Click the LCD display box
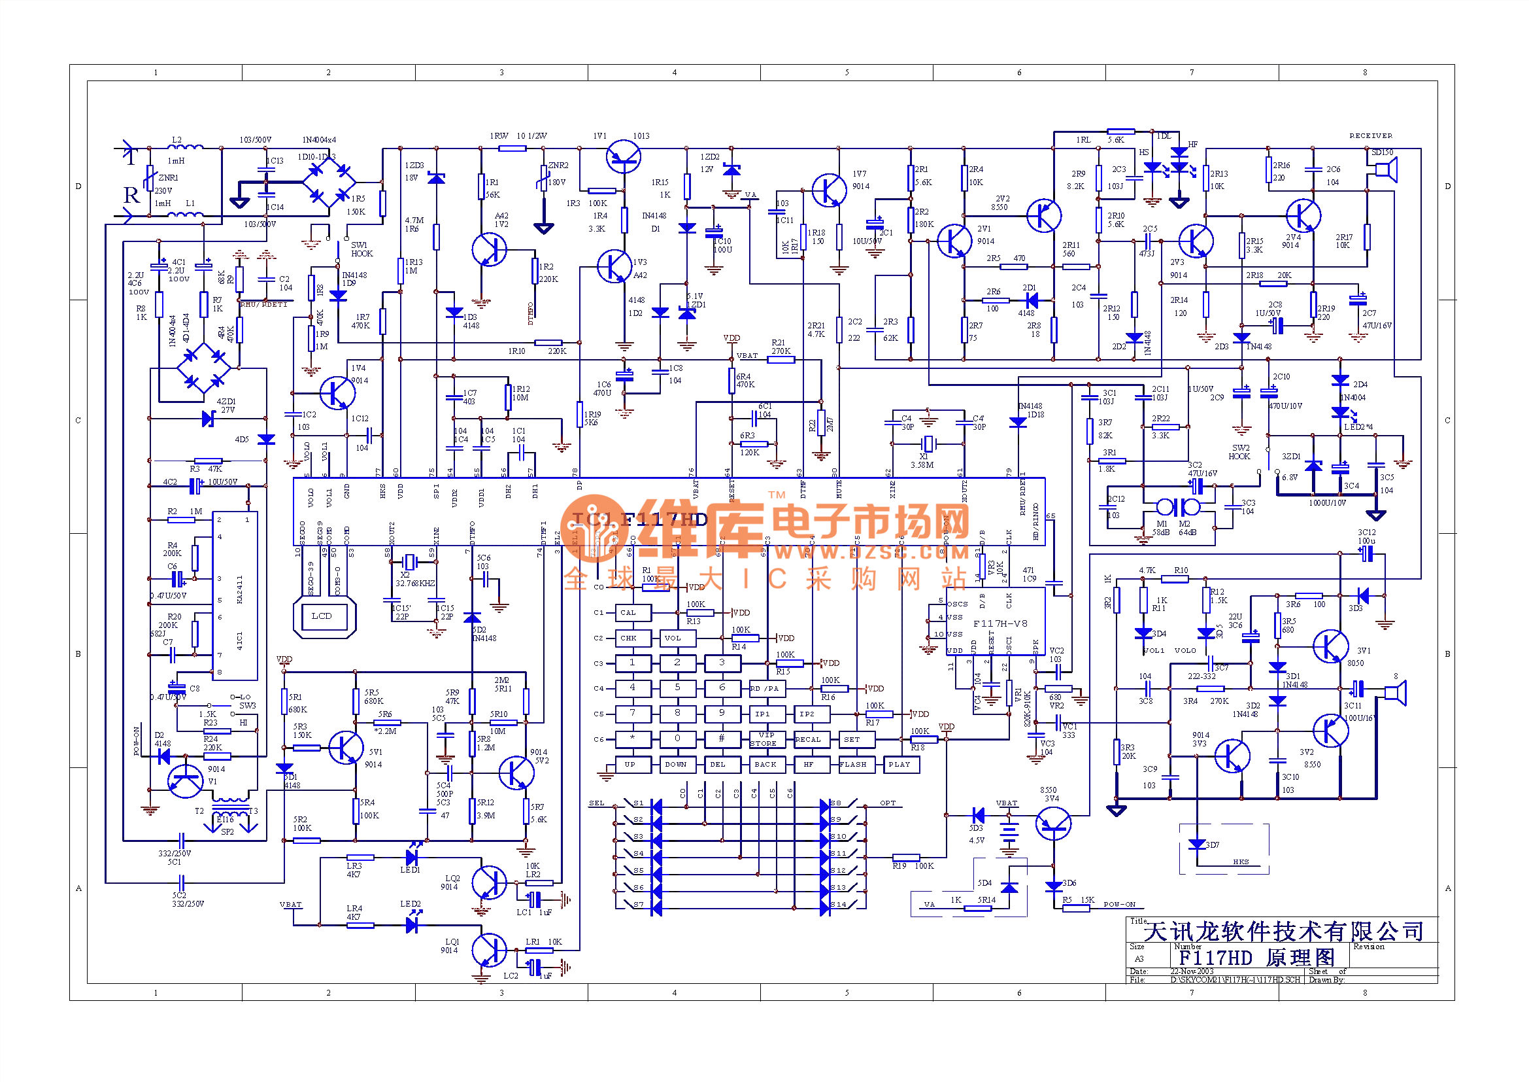(322, 616)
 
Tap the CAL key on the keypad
(629, 613)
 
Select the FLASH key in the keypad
(854, 765)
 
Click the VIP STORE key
(764, 740)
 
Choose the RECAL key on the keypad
(809, 740)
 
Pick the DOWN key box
(676, 765)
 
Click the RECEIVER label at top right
(1371, 136)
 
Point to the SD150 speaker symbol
(1386, 171)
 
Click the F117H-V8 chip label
(1000, 624)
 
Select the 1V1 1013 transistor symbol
(624, 157)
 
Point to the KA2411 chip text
(240, 589)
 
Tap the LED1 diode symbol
(412, 857)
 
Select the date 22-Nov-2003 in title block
(1192, 971)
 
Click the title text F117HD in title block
(1216, 958)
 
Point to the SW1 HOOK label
(361, 249)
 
